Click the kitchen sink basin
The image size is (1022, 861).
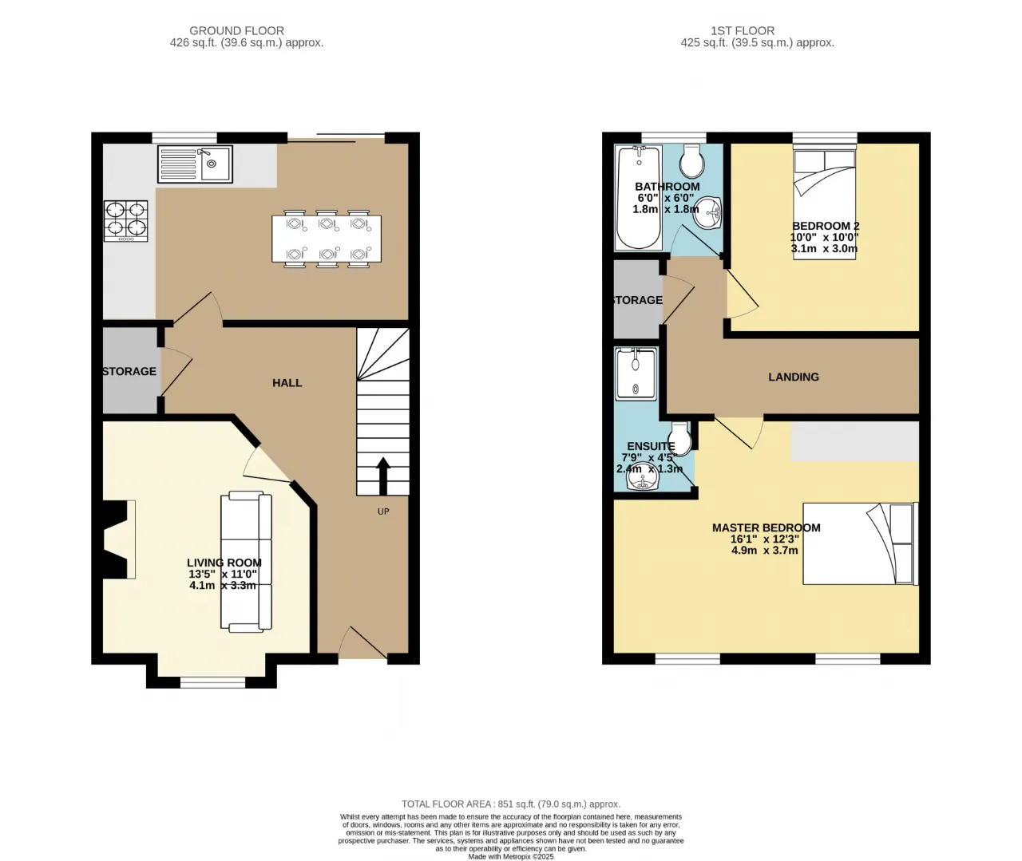tap(216, 164)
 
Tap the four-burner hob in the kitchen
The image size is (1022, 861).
tap(126, 220)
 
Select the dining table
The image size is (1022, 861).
tap(327, 239)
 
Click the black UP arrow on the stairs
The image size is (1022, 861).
tap(382, 476)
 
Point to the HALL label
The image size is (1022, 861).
tap(287, 383)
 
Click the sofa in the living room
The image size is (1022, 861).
tap(246, 561)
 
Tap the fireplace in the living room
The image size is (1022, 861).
tap(117, 539)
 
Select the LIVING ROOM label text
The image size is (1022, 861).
tap(224, 563)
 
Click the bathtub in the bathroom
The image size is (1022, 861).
tap(638, 198)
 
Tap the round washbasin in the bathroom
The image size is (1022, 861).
tap(707, 212)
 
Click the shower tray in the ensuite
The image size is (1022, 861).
tap(636, 373)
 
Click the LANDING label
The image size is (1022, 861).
tap(794, 377)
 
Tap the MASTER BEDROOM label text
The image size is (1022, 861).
tap(766, 528)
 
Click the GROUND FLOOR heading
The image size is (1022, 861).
tap(237, 31)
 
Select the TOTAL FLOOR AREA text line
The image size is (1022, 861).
tap(511, 804)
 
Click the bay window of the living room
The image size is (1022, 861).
tap(212, 681)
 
